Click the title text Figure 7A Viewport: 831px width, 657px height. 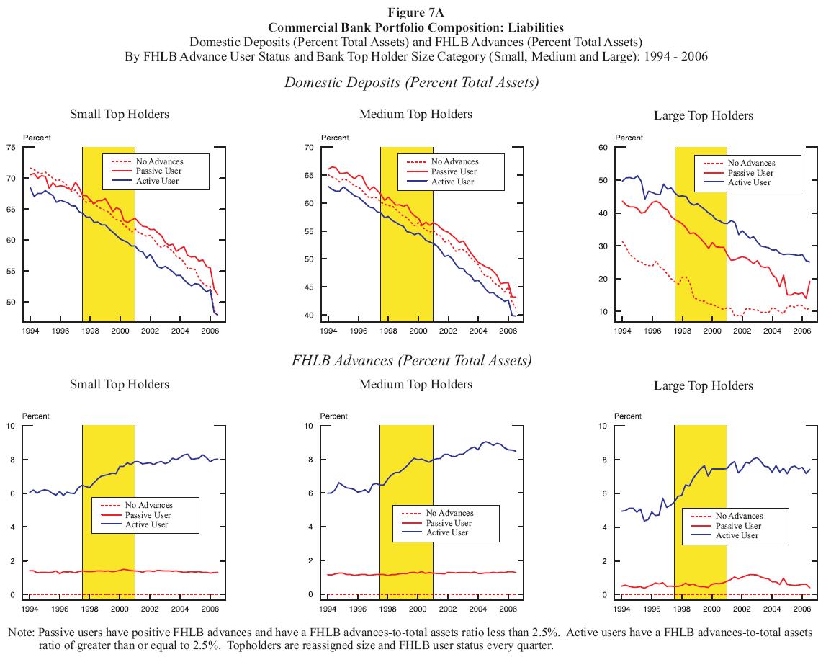pyautogui.click(x=415, y=14)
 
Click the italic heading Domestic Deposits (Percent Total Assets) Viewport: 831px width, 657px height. pyautogui.click(x=411, y=82)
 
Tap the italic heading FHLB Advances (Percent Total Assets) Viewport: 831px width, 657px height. pyautogui.click(x=411, y=360)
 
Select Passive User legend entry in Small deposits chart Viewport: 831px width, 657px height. pyautogui.click(x=156, y=171)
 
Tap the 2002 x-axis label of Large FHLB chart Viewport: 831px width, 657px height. pyautogui.click(x=742, y=609)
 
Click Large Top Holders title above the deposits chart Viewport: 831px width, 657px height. pyautogui.click(x=703, y=115)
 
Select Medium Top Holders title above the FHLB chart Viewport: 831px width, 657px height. pyautogui.click(x=415, y=384)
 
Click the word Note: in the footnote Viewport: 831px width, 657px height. pyautogui.click(x=22, y=632)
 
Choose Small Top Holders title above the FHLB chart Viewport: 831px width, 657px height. pyautogui.click(x=119, y=384)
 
